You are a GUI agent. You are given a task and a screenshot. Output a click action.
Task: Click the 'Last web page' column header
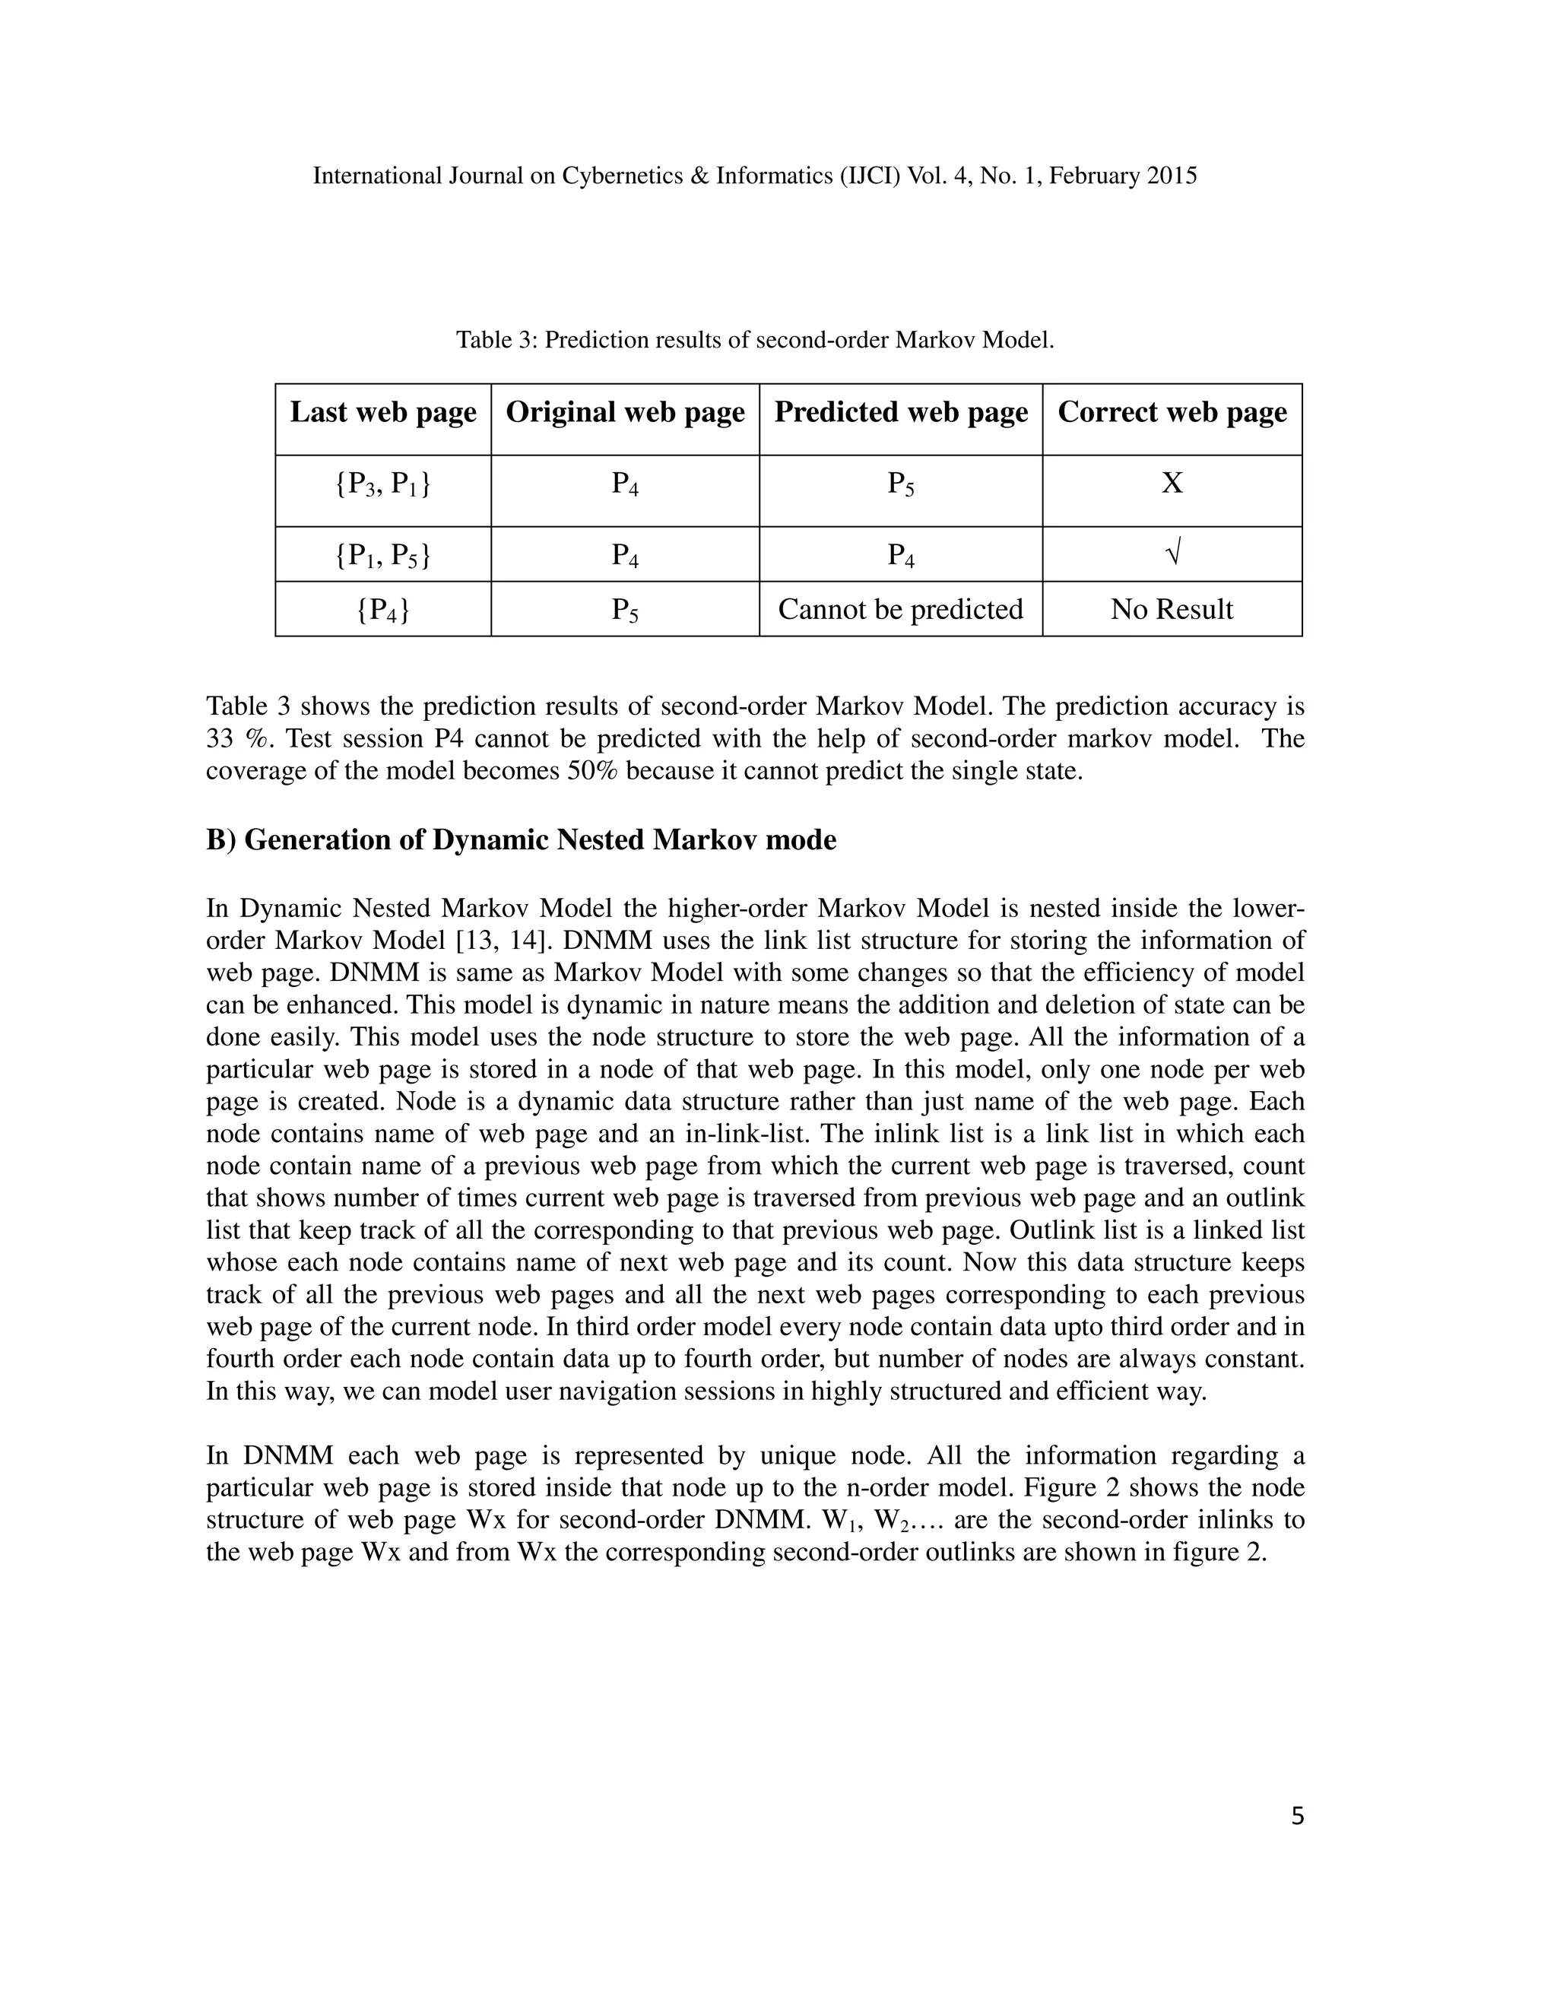383,412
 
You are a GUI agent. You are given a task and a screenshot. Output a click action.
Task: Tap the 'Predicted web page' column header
900,412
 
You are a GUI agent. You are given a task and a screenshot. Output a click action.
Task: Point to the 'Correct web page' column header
1172,412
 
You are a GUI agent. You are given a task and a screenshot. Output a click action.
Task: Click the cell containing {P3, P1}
383,484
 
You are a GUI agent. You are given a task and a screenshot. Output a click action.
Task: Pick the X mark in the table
1172,484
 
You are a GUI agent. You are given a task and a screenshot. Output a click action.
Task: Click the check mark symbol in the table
1172,554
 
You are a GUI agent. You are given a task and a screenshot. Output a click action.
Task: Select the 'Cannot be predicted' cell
900,609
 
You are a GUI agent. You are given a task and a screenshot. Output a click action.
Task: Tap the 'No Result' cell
1172,609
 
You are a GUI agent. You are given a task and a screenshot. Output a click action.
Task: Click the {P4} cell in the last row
383,610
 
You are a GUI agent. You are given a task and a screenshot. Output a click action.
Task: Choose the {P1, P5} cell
383,555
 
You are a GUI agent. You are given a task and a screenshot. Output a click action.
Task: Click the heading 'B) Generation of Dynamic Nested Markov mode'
521,840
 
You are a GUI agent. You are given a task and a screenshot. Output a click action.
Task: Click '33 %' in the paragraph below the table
234,739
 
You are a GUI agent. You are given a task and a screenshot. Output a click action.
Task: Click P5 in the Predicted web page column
900,484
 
